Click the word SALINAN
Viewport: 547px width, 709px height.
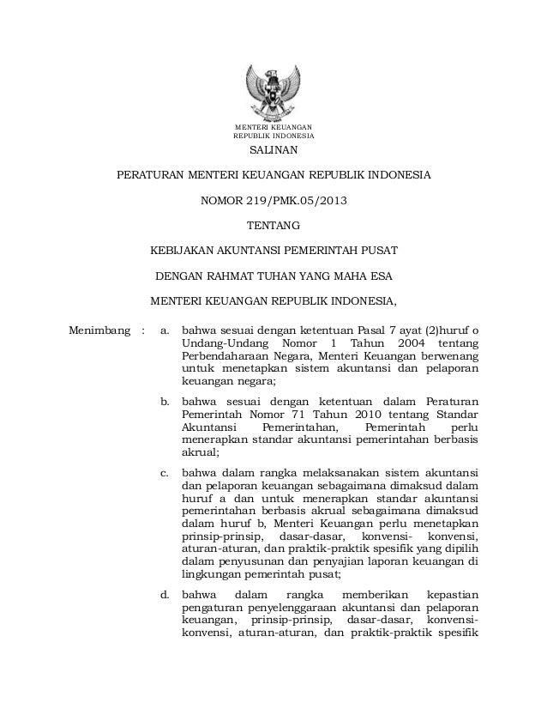tap(273, 153)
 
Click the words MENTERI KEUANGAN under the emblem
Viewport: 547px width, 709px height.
tap(273, 128)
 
